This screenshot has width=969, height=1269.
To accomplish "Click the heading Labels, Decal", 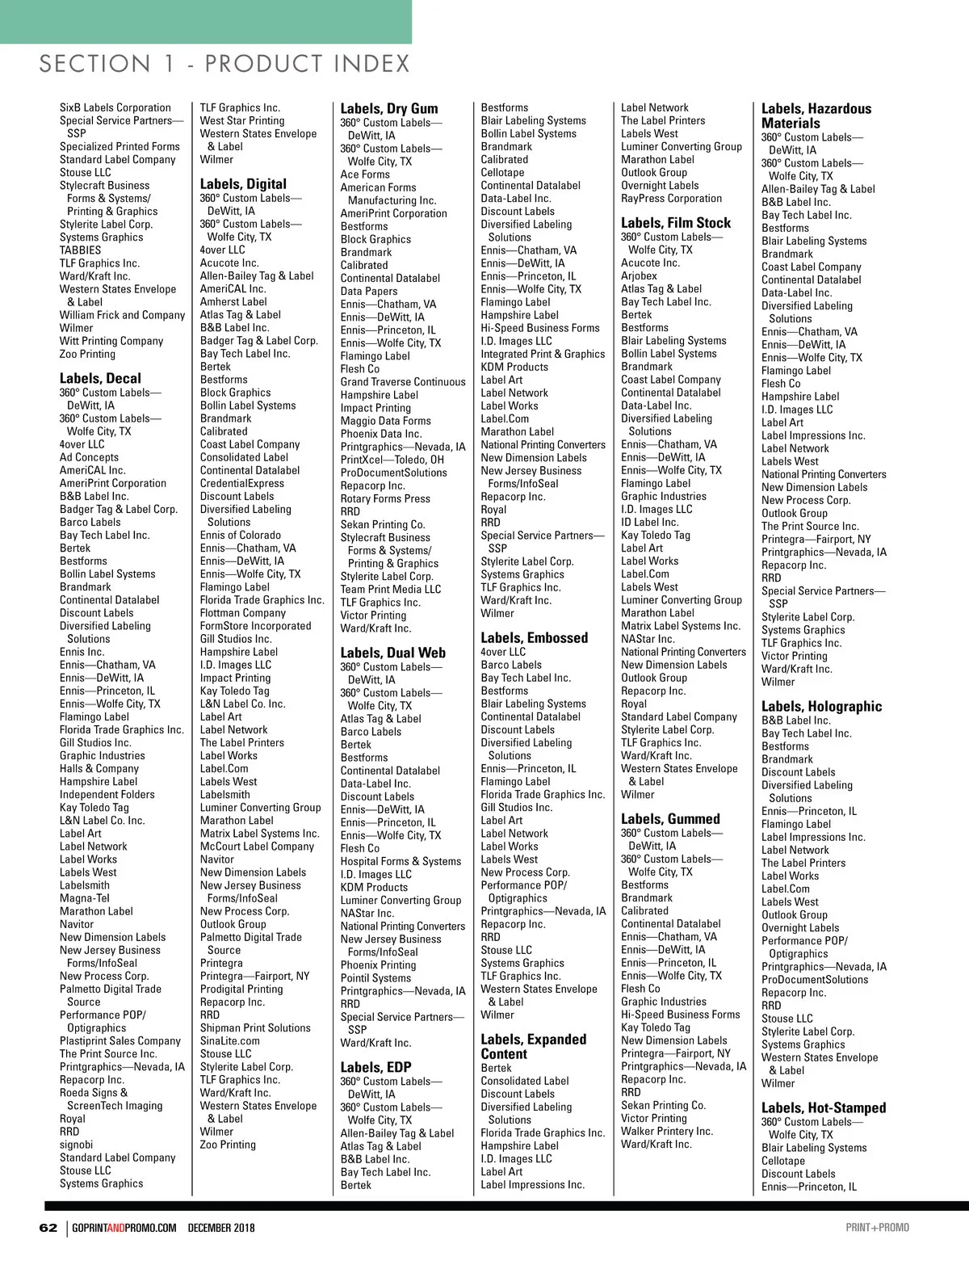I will tap(100, 378).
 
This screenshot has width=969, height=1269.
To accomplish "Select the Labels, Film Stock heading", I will tap(676, 223).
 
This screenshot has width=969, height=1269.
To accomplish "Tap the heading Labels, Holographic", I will tap(821, 706).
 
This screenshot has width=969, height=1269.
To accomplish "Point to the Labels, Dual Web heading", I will tap(392, 653).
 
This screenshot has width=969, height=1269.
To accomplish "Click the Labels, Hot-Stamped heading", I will tap(824, 1107).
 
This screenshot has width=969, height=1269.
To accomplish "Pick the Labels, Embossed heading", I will tap(534, 637).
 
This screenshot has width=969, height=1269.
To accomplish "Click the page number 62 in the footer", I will tap(48, 1228).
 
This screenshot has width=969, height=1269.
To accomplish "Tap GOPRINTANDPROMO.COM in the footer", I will tap(124, 1228).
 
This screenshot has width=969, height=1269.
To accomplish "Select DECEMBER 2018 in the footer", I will tap(221, 1228).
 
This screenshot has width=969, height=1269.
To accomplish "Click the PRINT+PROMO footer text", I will tap(877, 1228).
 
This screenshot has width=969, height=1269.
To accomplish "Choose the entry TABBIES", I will tap(81, 250).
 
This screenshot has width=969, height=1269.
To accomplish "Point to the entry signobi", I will tap(77, 1145).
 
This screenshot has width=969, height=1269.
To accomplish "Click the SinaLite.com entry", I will tap(230, 1041).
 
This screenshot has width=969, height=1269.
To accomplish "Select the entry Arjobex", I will tap(640, 275).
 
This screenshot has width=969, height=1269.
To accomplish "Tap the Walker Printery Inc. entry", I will tap(667, 1131).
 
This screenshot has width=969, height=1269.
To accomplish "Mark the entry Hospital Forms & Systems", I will tap(401, 861).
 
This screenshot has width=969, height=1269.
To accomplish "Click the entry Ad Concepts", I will tap(89, 457).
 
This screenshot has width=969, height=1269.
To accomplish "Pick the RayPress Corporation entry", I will tap(672, 198).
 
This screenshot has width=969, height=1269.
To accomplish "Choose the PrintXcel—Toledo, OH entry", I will tap(392, 460).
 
